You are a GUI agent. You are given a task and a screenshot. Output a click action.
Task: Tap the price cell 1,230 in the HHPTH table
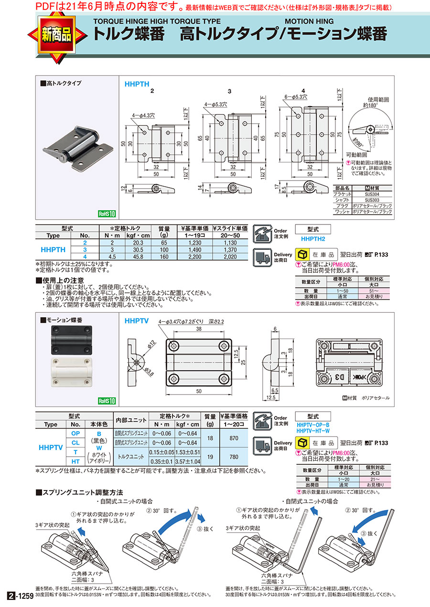(194, 242)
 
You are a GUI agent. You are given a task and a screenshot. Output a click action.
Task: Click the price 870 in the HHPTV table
(234, 438)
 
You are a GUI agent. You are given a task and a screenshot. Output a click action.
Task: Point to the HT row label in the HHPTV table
(75, 461)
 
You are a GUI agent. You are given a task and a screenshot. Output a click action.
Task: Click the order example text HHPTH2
(313, 238)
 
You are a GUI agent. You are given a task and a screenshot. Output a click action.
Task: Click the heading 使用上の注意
(62, 280)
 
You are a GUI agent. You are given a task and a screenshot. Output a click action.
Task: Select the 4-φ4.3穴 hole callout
(137, 115)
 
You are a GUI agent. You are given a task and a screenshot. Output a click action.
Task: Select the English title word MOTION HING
(309, 21)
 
